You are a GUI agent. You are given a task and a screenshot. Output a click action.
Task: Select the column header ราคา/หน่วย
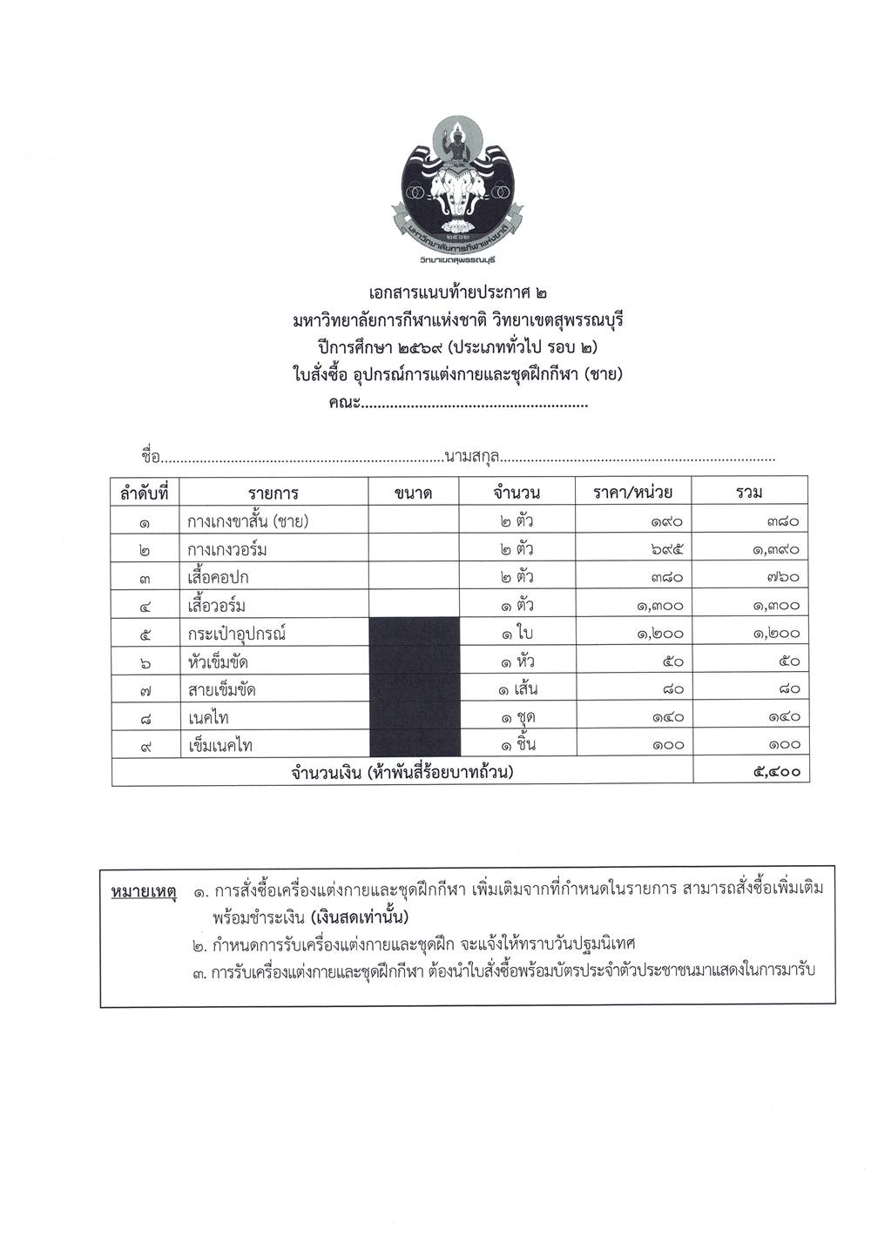632,493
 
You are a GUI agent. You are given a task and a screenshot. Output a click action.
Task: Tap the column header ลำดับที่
144,493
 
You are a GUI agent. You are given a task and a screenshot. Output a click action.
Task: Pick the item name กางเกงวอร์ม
227,549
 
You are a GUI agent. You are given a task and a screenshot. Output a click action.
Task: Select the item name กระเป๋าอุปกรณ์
237,633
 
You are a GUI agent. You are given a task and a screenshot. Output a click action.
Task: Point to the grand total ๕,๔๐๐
775,772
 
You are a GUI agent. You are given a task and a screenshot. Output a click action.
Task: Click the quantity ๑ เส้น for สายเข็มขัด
517,689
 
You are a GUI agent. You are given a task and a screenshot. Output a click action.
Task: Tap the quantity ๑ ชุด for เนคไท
517,717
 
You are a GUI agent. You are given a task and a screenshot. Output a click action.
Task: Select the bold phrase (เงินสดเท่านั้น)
359,918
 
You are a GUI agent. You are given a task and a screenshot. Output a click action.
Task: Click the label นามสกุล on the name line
471,455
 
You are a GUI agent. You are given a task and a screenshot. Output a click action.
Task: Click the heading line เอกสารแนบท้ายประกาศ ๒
457,295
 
